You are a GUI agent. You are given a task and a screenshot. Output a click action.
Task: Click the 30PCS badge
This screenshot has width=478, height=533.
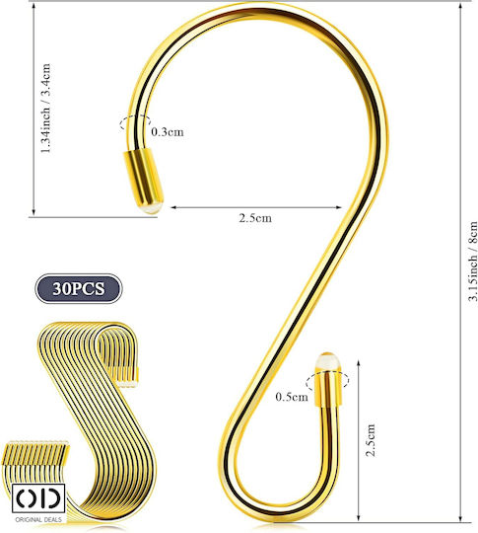(x=79, y=288)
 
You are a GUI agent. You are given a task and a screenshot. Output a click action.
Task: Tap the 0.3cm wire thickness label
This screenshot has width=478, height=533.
(x=168, y=132)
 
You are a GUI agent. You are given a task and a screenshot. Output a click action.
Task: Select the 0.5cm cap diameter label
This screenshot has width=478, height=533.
(x=292, y=397)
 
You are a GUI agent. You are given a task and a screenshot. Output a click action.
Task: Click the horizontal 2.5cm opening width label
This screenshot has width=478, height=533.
(x=255, y=218)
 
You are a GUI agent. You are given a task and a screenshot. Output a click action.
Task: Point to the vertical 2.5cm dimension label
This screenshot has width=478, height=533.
(x=371, y=440)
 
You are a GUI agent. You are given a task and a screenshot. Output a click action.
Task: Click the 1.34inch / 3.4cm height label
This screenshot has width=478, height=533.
(x=45, y=109)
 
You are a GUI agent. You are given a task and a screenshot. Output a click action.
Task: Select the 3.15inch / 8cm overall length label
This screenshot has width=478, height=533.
(x=472, y=261)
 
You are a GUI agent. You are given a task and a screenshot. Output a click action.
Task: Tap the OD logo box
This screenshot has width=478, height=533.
(x=38, y=498)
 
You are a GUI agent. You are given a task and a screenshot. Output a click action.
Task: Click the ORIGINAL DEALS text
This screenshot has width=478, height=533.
(x=38, y=520)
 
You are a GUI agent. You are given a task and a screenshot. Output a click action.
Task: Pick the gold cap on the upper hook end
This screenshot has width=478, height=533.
(x=143, y=177)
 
